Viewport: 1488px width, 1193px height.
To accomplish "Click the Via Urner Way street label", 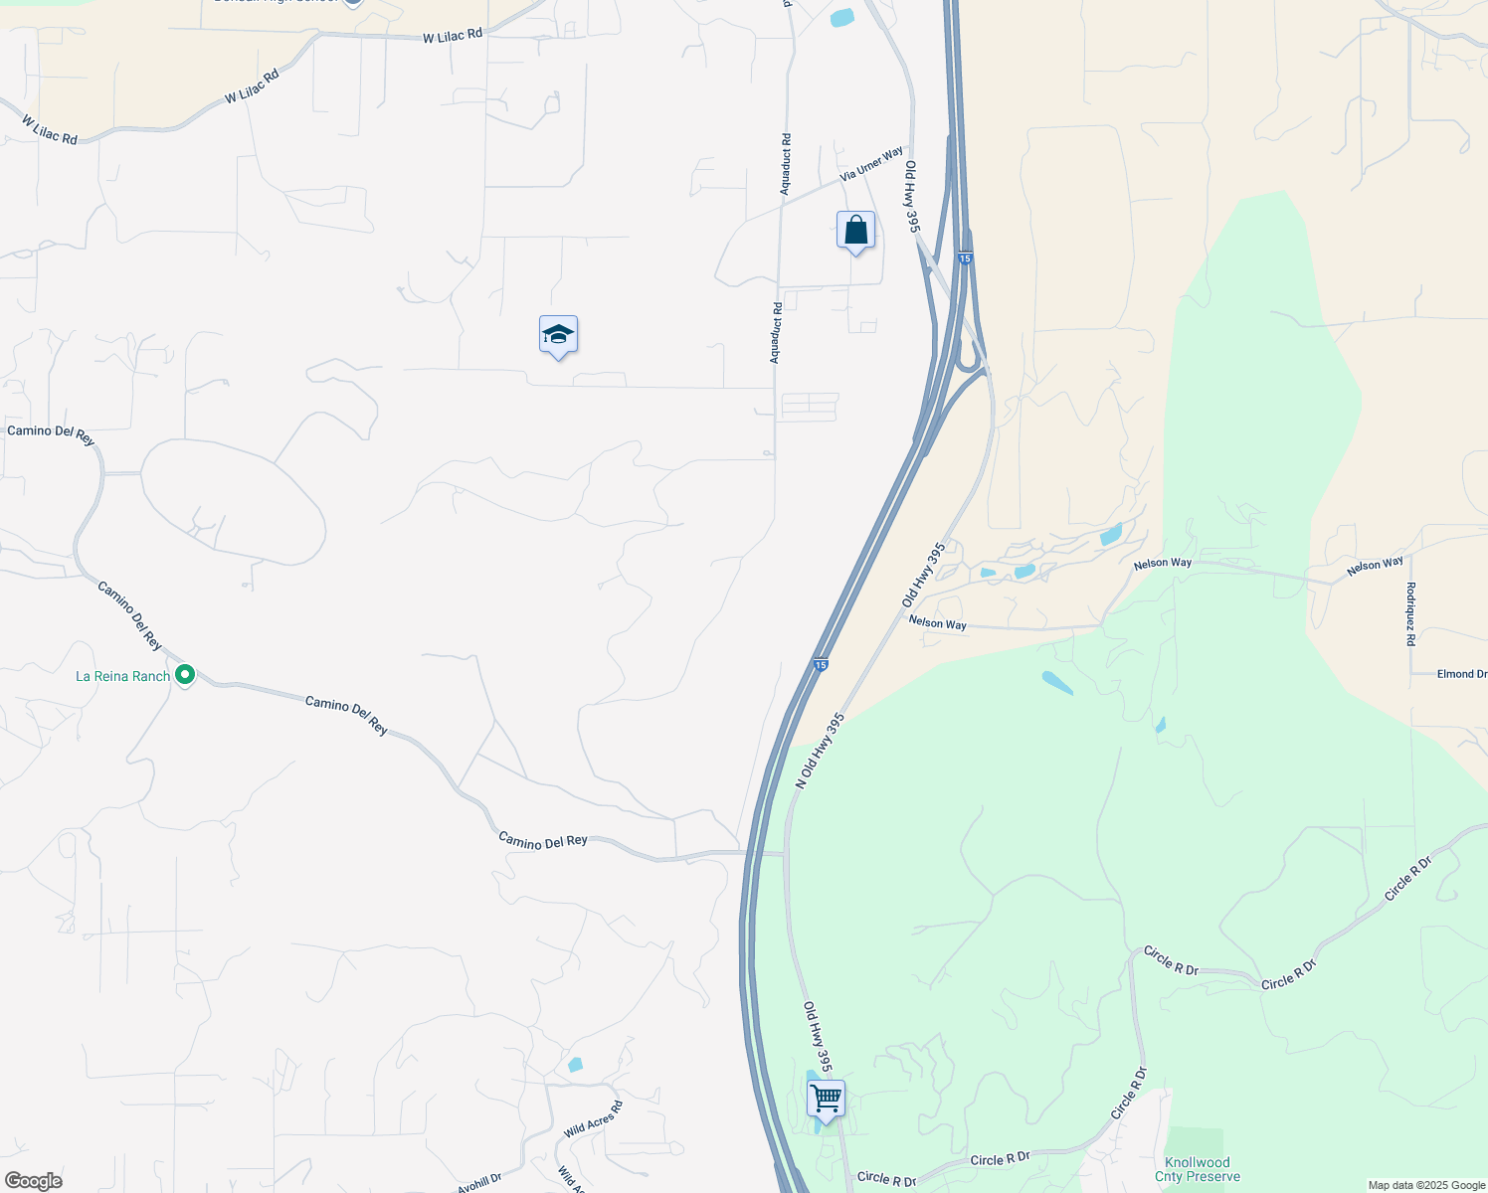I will [x=871, y=164].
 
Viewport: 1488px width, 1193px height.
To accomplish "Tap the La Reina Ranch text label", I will [x=122, y=676].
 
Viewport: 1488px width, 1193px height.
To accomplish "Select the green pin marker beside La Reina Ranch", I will [x=185, y=675].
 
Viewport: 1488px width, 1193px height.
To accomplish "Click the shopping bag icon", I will [x=855, y=231].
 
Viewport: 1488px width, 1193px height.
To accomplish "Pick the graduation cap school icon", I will [x=558, y=336].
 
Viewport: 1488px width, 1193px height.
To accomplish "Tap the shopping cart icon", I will [x=826, y=1099].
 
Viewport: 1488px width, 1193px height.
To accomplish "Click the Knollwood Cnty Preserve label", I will [x=1198, y=1169].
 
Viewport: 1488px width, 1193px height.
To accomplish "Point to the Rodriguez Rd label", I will [x=1410, y=613].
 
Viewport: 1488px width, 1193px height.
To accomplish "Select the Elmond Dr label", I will [x=1461, y=674].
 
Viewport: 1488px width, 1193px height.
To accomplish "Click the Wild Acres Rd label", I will [x=593, y=1120].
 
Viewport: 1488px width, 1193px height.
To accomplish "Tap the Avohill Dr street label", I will [x=479, y=1183].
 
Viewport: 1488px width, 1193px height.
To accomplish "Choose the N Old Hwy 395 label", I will [x=820, y=751].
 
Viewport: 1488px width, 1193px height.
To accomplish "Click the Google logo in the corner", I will [x=34, y=1181].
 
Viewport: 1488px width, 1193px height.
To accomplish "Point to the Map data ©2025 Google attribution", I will [x=1426, y=1185].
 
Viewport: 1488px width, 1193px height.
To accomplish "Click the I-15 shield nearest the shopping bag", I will [x=965, y=258].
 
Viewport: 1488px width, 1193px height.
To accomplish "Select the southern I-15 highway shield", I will [x=820, y=664].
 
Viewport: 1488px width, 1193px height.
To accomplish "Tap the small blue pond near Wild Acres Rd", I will [x=575, y=1065].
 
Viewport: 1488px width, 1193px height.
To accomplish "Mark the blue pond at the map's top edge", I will [x=841, y=17].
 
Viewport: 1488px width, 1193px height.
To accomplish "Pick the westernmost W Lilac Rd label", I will [x=50, y=130].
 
